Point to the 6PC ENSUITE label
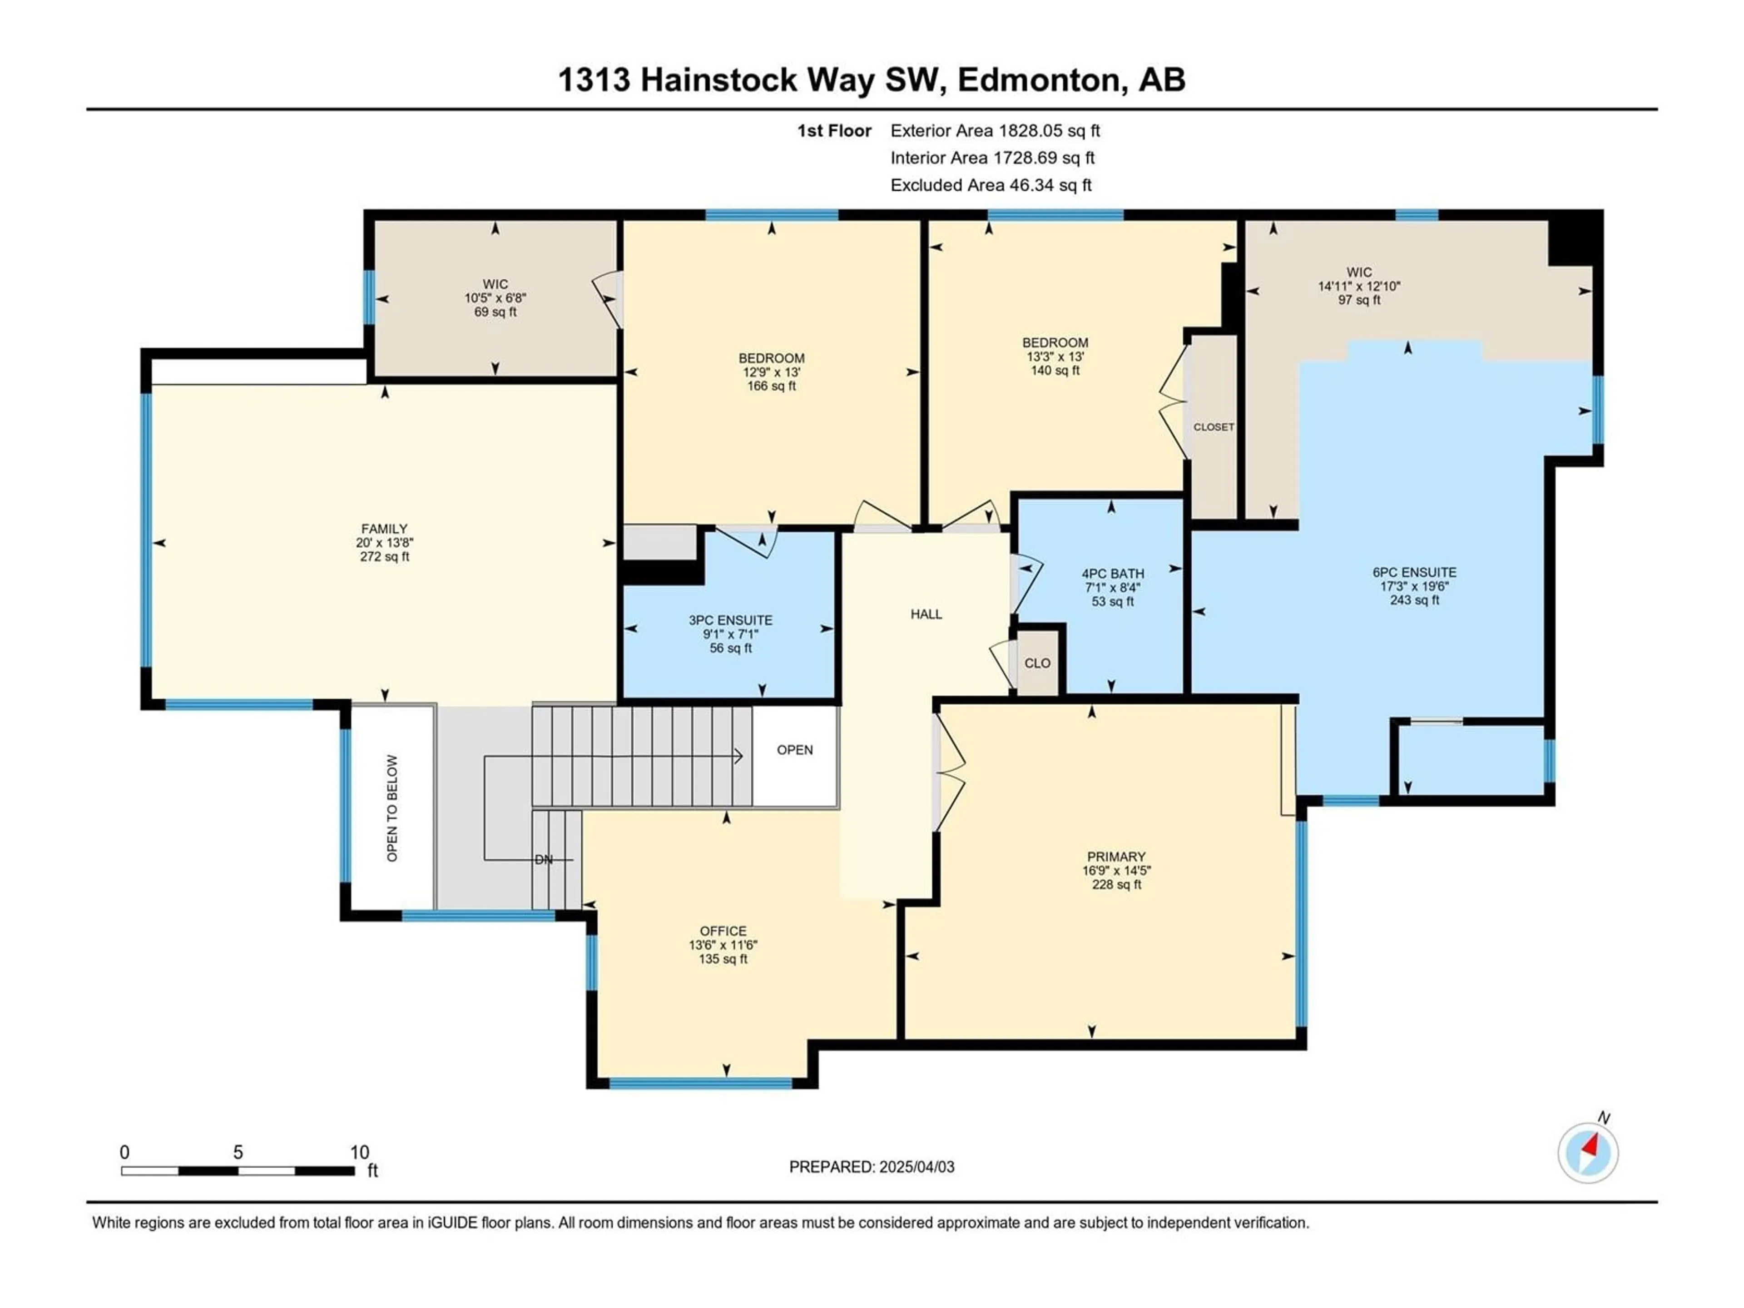pyautogui.click(x=1414, y=572)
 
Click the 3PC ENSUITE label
pyautogui.click(x=730, y=620)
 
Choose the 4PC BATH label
pyautogui.click(x=1112, y=574)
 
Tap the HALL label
pyautogui.click(x=926, y=614)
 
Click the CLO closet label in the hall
pyautogui.click(x=1038, y=663)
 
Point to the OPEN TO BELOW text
pyautogui.click(x=392, y=808)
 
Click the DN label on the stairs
pyautogui.click(x=544, y=859)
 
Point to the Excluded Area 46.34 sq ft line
pyautogui.click(x=991, y=185)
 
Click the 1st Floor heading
pyautogui.click(x=834, y=131)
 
